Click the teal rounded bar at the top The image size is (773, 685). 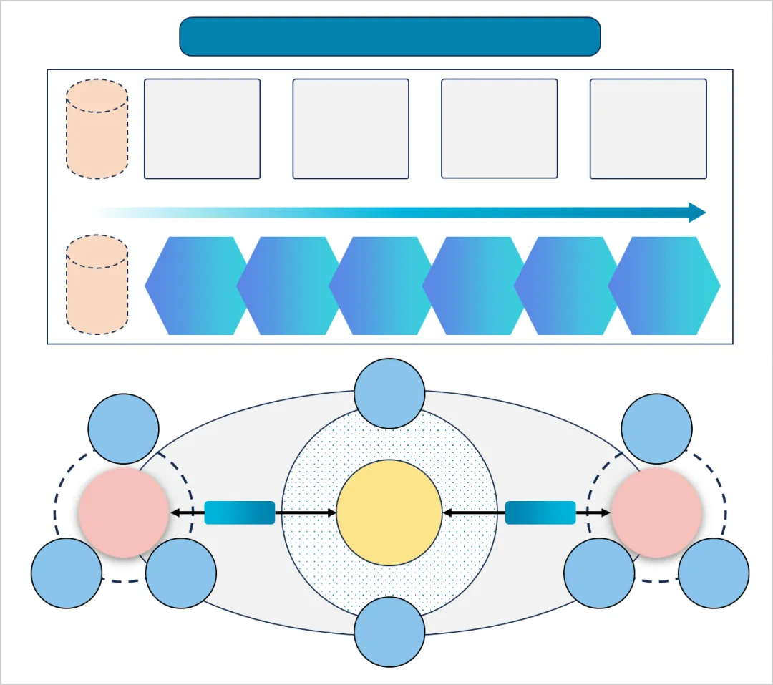[x=389, y=37]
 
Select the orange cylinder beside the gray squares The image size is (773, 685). [x=97, y=129]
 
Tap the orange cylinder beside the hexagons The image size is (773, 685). [x=97, y=285]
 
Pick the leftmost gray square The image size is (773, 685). [x=202, y=129]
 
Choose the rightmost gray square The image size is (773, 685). [x=648, y=129]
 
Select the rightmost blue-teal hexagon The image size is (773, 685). [x=664, y=286]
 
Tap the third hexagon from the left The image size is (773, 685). [x=379, y=286]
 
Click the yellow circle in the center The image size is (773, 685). [x=389, y=512]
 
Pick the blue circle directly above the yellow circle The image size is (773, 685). [x=389, y=394]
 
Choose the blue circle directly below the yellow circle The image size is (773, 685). [x=389, y=632]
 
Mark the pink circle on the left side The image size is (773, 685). [x=123, y=512]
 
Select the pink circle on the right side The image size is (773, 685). [x=656, y=512]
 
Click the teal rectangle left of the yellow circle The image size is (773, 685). [x=240, y=512]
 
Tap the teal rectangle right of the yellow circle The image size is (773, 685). [x=540, y=512]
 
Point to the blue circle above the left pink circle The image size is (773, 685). [x=123, y=429]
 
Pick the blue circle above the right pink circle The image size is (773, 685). [x=656, y=429]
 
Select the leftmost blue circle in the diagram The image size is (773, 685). [x=67, y=573]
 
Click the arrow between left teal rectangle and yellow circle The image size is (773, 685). [x=306, y=512]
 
